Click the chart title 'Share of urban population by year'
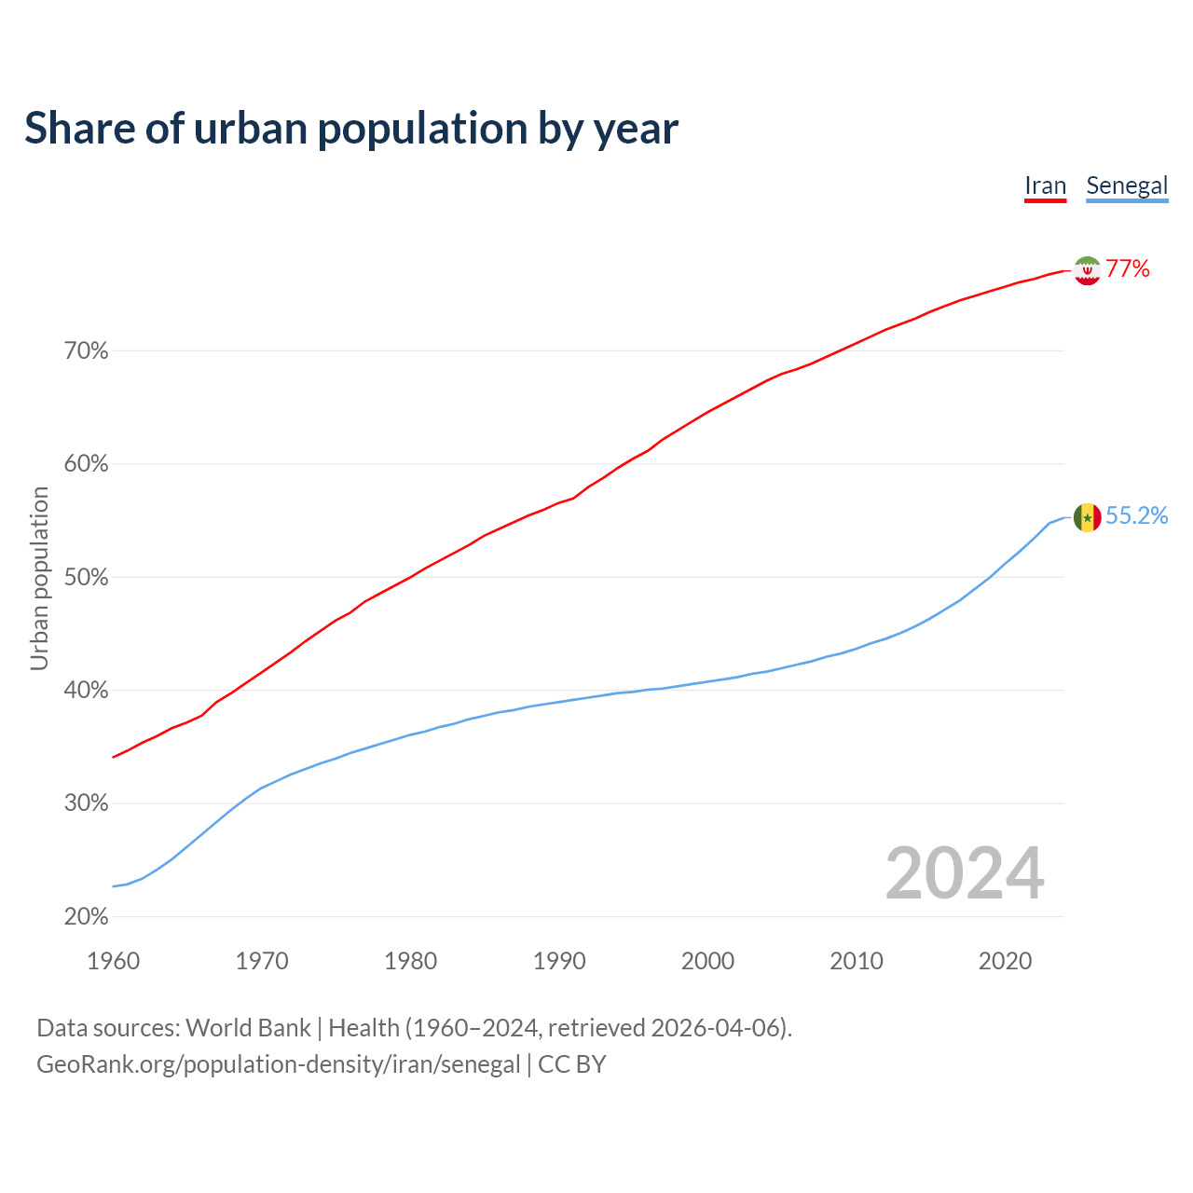351,129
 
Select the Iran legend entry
1045,185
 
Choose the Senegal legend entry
1127,185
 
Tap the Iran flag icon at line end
1087,270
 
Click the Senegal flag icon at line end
1087,517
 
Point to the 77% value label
1128,269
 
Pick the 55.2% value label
1137,516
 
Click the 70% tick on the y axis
86,351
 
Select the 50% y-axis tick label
86,578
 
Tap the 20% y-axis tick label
86,917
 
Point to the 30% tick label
86,803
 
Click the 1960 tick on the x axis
114,961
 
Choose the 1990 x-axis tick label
559,961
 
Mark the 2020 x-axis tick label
1005,961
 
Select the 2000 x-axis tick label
707,961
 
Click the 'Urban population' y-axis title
39,578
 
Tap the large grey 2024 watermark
965,873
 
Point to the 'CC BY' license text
572,1064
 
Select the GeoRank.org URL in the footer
278,1064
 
